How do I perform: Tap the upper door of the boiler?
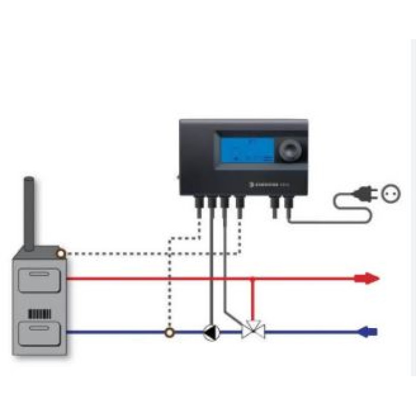(39, 278)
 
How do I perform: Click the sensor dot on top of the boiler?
(61, 254)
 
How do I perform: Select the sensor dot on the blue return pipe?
(170, 333)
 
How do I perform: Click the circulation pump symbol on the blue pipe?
(210, 333)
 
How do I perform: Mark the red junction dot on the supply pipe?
(253, 278)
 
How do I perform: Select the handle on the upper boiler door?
(39, 273)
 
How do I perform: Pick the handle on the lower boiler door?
(39, 327)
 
